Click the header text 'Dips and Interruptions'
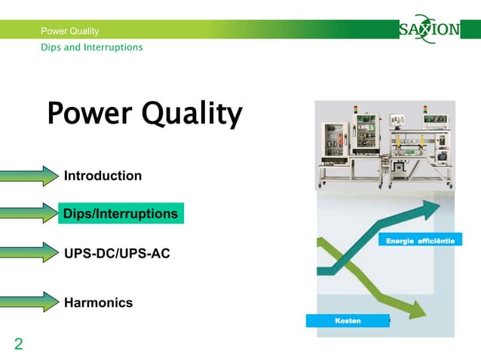pyautogui.click(x=91, y=47)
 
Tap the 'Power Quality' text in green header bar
pyautogui.click(x=69, y=31)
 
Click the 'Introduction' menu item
pyautogui.click(x=103, y=176)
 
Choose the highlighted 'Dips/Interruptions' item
pyautogui.click(x=121, y=214)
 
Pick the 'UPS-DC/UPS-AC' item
pyautogui.click(x=117, y=254)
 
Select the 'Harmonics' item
pyautogui.click(x=98, y=303)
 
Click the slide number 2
pyautogui.click(x=18, y=345)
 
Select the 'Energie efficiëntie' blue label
pyautogui.click(x=420, y=240)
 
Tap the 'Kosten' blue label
pyautogui.click(x=348, y=321)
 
